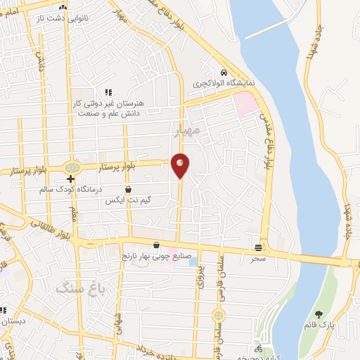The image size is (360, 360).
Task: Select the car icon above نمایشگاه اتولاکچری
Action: click(x=223, y=72)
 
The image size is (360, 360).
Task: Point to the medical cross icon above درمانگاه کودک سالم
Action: click(x=71, y=179)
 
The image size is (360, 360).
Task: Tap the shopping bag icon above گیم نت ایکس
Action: click(x=128, y=189)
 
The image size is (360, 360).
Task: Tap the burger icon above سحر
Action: click(x=259, y=247)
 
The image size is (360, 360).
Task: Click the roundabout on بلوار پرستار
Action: click(x=71, y=168)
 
